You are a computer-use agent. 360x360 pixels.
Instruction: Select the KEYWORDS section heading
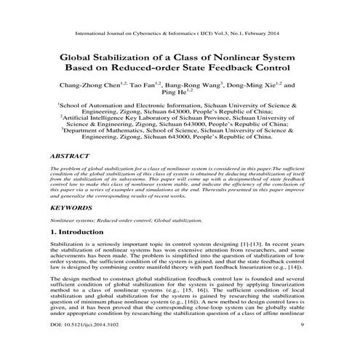point(70,207)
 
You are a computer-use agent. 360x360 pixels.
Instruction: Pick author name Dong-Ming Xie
point(257,85)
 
